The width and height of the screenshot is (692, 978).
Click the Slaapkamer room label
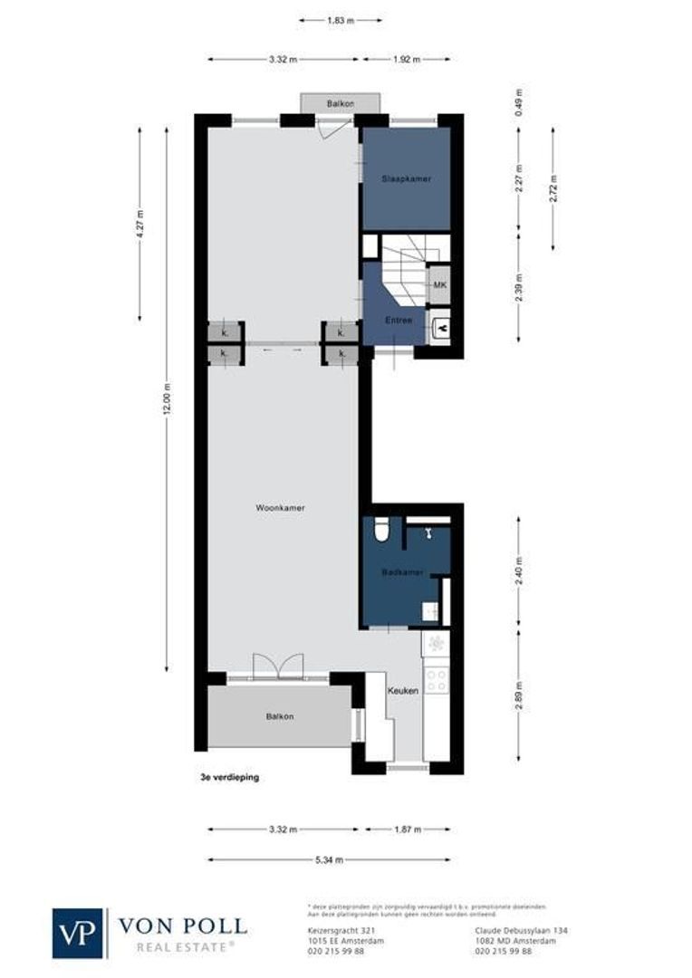[406, 179]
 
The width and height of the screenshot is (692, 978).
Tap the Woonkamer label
[280, 508]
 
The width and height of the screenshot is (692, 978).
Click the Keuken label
[403, 691]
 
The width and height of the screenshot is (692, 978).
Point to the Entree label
[399, 320]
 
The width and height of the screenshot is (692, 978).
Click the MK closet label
[439, 286]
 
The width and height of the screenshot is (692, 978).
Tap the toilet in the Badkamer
[382, 528]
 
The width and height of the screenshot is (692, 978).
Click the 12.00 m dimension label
[166, 399]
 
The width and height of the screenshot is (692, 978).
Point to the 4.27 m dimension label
[139, 224]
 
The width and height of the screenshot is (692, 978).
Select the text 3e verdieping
[230, 777]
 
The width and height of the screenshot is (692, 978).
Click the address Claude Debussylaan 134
[521, 930]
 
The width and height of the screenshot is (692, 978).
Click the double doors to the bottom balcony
[276, 666]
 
